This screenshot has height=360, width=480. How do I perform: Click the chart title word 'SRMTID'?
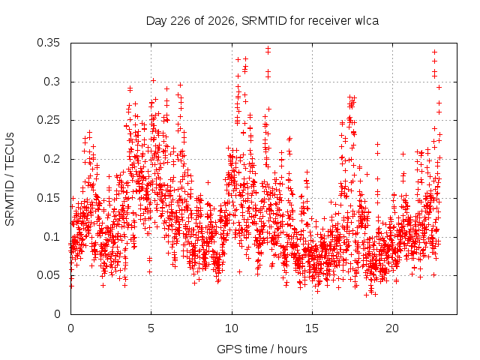pos(264,21)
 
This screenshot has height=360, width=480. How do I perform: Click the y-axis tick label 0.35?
pos(48,43)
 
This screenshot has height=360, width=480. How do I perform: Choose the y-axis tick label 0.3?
pos(52,82)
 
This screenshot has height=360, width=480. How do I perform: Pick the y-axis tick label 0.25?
pos(48,120)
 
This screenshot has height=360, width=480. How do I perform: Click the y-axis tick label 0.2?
pos(52,159)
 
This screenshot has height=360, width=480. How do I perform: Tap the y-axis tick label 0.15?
pos(48,198)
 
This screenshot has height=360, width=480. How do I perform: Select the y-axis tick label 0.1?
pos(52,237)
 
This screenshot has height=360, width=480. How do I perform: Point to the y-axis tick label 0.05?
pos(48,275)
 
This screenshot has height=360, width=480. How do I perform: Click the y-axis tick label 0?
pos(57,314)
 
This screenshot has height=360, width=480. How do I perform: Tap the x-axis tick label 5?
pos(151,328)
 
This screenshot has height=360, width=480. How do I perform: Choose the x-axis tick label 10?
pos(232,328)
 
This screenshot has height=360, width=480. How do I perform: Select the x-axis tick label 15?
pos(312,328)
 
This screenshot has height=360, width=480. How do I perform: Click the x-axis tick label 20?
pos(392,328)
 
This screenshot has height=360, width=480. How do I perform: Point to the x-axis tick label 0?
pos(70,328)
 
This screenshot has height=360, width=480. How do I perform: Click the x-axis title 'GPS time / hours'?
pos(262,349)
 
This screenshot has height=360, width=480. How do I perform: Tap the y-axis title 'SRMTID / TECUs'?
pos(10,179)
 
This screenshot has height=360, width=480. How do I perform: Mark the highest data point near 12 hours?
pos(268,48)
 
